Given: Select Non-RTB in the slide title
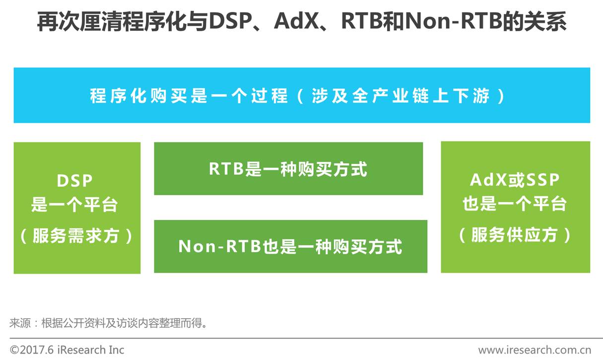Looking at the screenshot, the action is point(441,22).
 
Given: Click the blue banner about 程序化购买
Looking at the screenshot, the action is point(302,95).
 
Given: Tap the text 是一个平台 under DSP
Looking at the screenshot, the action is point(75,205).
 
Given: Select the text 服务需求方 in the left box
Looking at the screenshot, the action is point(76,236).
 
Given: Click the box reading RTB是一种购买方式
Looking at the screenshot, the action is point(288,169).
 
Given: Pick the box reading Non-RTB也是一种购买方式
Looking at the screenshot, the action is point(290,246).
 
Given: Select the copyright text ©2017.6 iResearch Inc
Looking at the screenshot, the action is point(67,350).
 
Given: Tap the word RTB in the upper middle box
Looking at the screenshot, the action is point(226,169).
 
